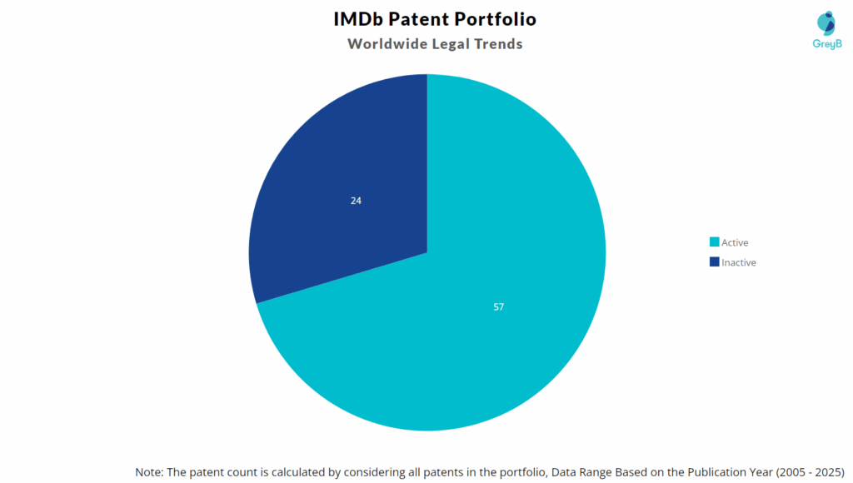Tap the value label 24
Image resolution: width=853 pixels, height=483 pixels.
(356, 201)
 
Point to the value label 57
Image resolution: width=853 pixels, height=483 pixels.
(498, 306)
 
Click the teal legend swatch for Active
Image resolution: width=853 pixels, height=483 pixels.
(714, 242)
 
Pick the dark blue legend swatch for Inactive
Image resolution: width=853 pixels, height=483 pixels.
(714, 262)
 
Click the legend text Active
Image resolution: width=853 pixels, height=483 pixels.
(735, 242)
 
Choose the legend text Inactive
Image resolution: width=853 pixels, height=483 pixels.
(738, 262)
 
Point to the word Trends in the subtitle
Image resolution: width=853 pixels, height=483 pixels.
(496, 44)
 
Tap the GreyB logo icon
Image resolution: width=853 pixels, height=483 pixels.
(826, 24)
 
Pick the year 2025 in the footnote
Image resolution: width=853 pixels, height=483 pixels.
(827, 471)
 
